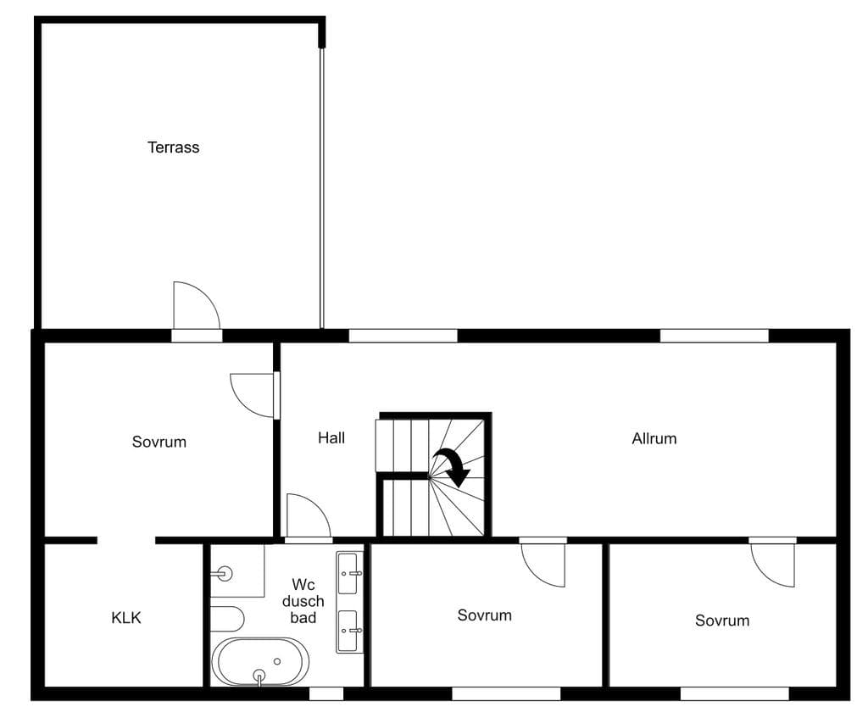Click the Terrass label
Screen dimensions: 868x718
pos(173,147)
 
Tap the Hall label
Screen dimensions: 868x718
pos(331,438)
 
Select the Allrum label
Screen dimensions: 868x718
pos(654,438)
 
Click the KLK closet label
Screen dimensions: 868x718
pos(126,618)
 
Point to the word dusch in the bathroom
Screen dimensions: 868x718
pos(303,601)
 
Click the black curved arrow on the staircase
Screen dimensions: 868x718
pos(453,467)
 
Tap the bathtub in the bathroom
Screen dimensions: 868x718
pos(259,662)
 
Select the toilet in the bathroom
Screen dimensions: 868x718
pos(227,618)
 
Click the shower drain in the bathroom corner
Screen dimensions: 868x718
pos(224,574)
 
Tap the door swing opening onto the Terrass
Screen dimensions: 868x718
pos(197,305)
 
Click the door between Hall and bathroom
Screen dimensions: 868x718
pos(309,515)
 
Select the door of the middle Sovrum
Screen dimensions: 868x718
pos(543,564)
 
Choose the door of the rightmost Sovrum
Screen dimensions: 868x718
pos(773,564)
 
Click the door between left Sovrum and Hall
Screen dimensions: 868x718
pos(253,395)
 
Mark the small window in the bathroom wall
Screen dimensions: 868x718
pos(326,693)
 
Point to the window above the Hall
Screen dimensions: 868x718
pos(403,336)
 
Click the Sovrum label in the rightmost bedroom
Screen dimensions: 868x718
pos(722,621)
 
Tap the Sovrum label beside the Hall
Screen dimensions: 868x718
pos(159,442)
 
